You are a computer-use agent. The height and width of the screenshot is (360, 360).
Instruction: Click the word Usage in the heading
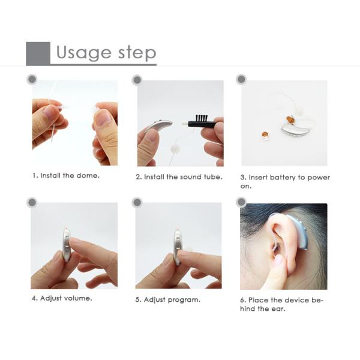[84, 53]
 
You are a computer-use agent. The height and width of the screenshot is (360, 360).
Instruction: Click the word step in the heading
[137, 53]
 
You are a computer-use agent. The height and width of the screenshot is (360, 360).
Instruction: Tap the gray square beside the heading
[38, 53]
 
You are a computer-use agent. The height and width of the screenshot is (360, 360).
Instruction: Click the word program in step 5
[183, 300]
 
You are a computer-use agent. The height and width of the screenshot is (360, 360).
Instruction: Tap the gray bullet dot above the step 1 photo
[32, 79]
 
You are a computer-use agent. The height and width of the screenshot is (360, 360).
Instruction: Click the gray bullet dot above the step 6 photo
[241, 202]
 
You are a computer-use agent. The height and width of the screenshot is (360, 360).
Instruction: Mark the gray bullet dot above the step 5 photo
[137, 203]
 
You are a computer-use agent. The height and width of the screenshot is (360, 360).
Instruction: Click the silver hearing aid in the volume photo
[66, 245]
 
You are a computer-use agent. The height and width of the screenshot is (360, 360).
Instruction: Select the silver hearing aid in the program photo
[177, 247]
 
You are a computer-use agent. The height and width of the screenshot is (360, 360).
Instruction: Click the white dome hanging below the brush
[175, 149]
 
